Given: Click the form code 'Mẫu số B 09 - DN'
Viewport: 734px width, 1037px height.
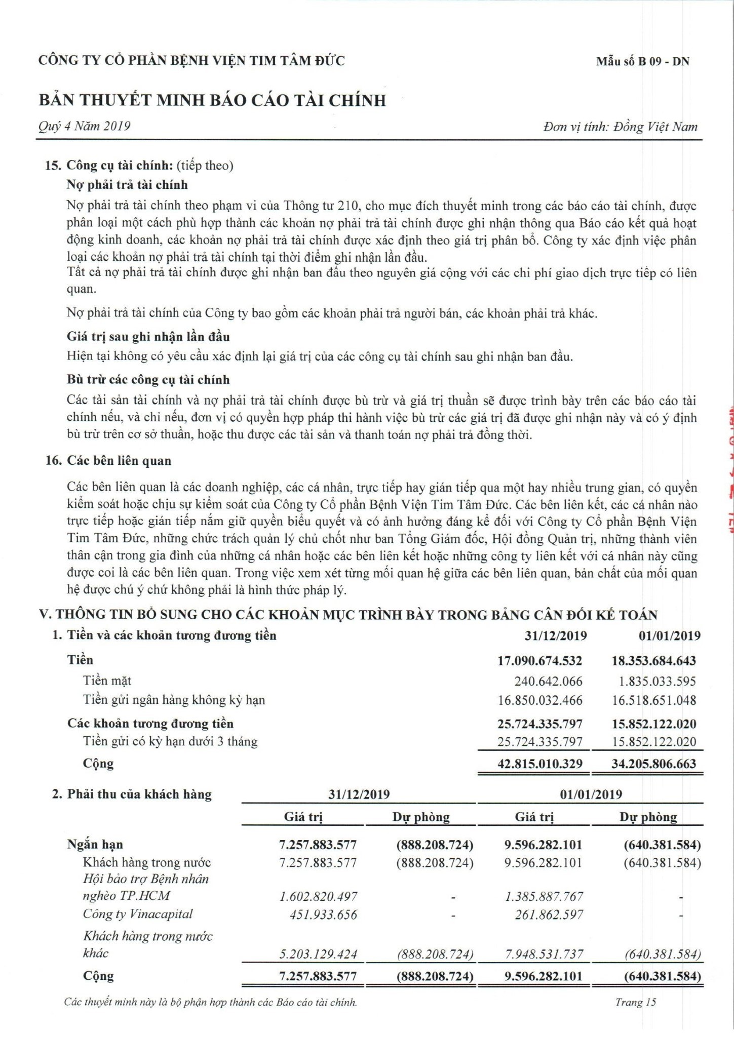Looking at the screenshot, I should click(x=642, y=62).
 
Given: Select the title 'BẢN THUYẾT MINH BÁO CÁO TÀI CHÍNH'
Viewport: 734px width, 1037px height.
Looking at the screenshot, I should click(x=212, y=100).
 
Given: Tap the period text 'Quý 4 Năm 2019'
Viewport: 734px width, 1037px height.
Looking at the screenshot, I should click(x=85, y=126).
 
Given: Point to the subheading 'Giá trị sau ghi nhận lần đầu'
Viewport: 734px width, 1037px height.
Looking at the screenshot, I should click(x=148, y=337).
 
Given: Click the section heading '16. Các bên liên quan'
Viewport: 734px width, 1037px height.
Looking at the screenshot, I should click(x=108, y=461).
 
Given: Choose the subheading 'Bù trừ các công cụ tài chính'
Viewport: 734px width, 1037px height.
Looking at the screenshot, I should click(x=148, y=380).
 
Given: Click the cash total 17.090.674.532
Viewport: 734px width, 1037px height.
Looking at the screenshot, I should click(x=540, y=660).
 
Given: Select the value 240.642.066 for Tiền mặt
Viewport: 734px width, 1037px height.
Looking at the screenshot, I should click(x=548, y=681).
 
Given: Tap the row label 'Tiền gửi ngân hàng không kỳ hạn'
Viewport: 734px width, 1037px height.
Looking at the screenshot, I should click(x=174, y=700).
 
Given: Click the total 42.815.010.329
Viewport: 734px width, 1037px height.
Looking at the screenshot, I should click(x=540, y=764).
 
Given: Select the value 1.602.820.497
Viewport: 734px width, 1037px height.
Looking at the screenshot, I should click(x=318, y=896).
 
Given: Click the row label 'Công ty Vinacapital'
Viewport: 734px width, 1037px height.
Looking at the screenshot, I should click(x=138, y=914).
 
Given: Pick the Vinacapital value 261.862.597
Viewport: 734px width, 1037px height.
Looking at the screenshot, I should click(x=549, y=914).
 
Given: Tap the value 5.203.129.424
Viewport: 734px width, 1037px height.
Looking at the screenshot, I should click(x=318, y=954).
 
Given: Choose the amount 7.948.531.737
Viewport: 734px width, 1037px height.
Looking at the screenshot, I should click(x=544, y=954).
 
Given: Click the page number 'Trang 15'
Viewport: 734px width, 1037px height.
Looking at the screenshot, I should click(x=635, y=1002).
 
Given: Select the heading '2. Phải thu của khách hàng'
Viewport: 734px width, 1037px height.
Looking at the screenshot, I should click(x=132, y=794).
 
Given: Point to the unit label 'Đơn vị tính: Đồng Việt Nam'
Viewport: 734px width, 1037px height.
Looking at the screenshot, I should click(x=620, y=127).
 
